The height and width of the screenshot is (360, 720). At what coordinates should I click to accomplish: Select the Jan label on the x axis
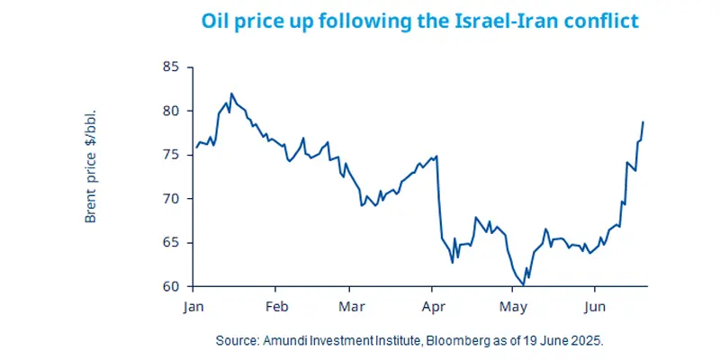point(193,306)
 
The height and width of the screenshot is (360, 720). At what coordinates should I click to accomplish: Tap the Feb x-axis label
point(276,306)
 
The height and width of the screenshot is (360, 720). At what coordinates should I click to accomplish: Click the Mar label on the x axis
point(351,306)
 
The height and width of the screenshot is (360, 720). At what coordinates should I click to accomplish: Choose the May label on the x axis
point(513,306)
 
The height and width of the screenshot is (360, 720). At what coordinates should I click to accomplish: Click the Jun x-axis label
point(594,306)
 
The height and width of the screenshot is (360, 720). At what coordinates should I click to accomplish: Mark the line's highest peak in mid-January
point(232,93)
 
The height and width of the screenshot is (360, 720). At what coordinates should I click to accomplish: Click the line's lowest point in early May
point(524,285)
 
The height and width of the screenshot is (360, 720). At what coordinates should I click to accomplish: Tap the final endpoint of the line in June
point(643,121)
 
